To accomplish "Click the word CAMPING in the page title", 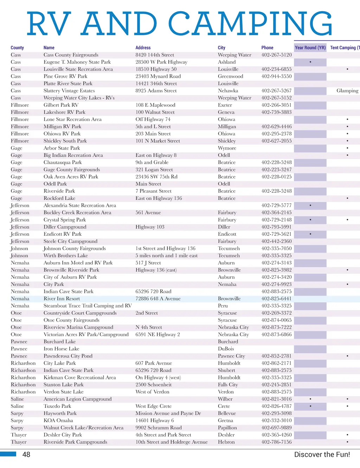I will click(x=250, y=24).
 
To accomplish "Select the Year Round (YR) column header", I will click(x=310, y=48).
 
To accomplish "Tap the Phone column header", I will click(x=267, y=48).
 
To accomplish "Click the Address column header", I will click(x=143, y=48).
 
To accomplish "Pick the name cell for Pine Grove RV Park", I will click(x=65, y=76).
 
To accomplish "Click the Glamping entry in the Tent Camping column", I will click(x=347, y=91).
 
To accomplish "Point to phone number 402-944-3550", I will click(x=276, y=76).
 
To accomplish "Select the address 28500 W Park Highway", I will click(x=161, y=62).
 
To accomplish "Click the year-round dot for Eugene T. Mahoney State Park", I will click(x=310, y=62).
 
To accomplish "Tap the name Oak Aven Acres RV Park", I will click(x=71, y=177).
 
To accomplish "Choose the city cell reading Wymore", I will click(x=227, y=148).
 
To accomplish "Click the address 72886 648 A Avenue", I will click(x=158, y=299).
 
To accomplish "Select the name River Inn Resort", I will click(x=62, y=299).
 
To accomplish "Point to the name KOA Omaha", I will click(x=58, y=420).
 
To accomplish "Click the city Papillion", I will click(x=227, y=428).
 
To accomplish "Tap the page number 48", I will click(x=26, y=455).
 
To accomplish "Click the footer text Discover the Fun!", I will click(x=322, y=455).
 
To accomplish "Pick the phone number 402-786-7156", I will click(x=276, y=442).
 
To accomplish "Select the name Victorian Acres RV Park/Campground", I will click(x=86, y=335).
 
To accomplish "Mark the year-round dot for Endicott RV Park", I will click(x=310, y=234).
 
